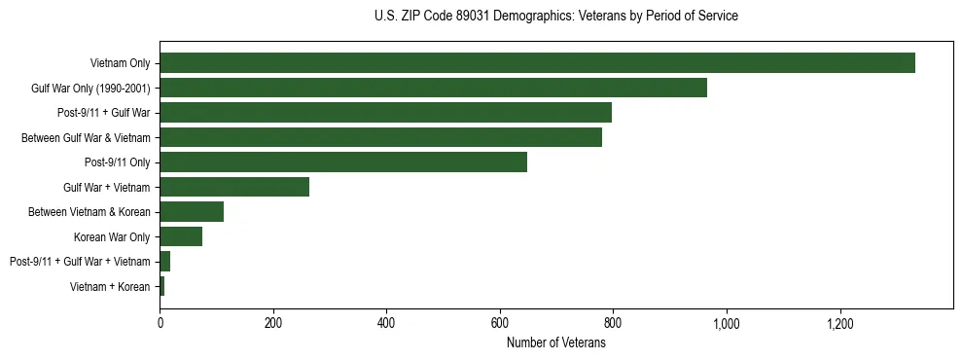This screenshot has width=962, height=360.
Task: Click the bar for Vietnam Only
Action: pyautogui.click(x=537, y=63)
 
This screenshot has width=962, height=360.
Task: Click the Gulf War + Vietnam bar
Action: pyautogui.click(x=234, y=187)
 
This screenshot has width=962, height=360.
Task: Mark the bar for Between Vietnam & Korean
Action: pyautogui.click(x=192, y=212)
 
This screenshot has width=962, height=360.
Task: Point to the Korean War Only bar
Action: pyautogui.click(x=181, y=236)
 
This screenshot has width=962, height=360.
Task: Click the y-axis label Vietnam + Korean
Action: pyautogui.click(x=110, y=287)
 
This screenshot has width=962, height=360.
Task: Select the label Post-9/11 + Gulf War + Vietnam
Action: pyautogui.click(x=80, y=262)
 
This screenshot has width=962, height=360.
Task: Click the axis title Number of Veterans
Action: pyautogui.click(x=556, y=342)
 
